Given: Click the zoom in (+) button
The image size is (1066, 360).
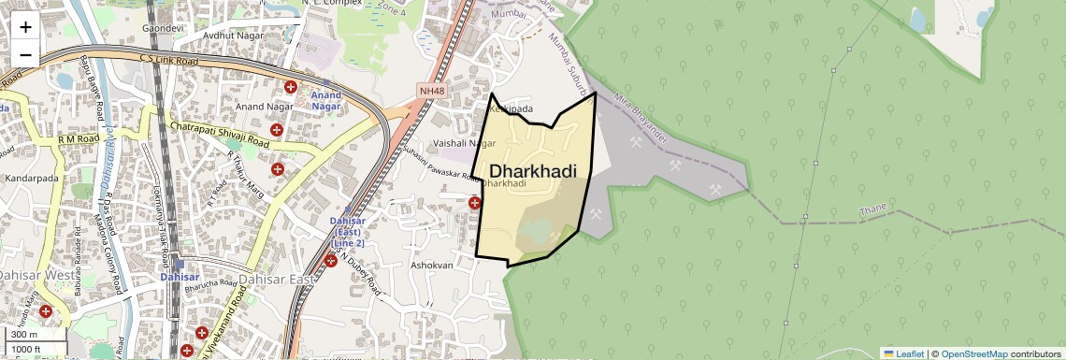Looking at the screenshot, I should tap(25, 27).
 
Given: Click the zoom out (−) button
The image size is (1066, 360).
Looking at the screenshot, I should tap(25, 55).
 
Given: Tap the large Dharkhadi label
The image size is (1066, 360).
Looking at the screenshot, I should tap(532, 171).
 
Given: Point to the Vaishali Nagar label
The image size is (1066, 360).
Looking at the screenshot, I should tap(464, 143).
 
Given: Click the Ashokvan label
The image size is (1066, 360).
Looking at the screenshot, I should tap(431, 266).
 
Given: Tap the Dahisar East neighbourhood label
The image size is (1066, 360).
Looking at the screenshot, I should tap(278, 280).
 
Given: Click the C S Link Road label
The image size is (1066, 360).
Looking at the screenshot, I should tap(170, 61).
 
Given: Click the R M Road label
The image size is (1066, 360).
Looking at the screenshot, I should tap(79, 139).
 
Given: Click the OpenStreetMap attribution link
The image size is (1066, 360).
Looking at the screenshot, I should tap(974, 353).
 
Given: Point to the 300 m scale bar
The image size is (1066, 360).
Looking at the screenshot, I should tap(24, 335).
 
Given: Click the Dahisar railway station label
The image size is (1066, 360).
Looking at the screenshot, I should tap(179, 278).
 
